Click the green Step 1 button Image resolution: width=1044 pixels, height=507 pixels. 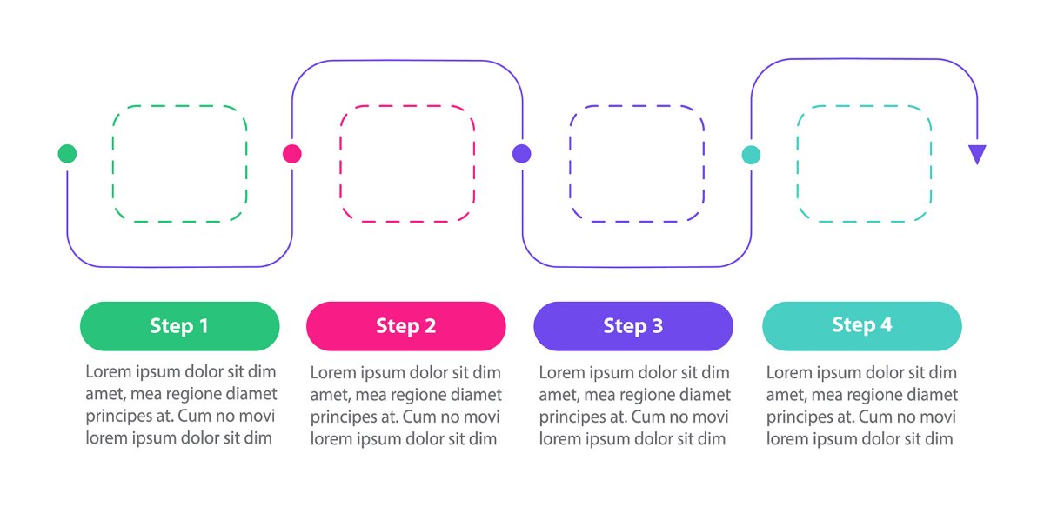(179, 326)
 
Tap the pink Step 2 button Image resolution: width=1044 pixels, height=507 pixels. (405, 326)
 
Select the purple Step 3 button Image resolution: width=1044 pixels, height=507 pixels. (632, 326)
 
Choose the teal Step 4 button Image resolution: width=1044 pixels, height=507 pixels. (861, 326)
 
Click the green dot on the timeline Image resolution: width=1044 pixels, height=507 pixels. (67, 154)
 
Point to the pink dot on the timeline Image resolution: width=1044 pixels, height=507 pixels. (292, 154)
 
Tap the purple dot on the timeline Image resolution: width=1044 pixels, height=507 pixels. (521, 154)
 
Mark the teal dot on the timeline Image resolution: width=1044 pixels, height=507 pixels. (751, 155)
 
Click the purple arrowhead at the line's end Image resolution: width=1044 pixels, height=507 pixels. (978, 154)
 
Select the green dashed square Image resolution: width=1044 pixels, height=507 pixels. (179, 163)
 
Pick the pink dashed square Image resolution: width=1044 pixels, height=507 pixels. (407, 163)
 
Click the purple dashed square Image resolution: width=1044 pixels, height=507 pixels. (637, 163)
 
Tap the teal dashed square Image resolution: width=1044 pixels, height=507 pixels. (864, 163)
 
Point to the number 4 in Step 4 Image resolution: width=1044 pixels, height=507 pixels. (886, 325)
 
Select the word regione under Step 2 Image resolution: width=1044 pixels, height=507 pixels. (409, 395)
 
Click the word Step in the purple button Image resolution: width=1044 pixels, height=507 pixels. (624, 326)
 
